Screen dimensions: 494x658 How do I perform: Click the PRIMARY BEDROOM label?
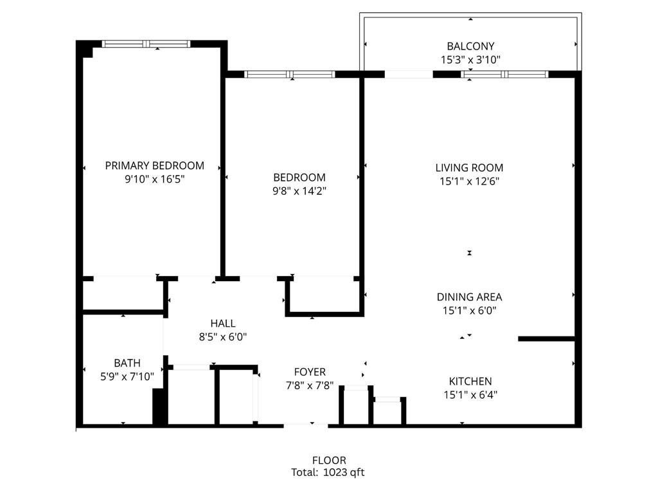[x=154, y=165]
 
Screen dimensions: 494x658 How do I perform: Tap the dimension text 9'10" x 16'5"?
[x=154, y=179]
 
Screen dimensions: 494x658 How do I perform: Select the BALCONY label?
[x=470, y=46]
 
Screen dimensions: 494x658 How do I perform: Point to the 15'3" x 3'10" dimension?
[x=470, y=59]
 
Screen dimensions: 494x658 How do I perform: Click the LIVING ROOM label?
[x=469, y=168]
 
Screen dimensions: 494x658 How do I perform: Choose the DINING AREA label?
[x=469, y=297]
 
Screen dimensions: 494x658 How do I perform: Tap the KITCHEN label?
[x=470, y=381]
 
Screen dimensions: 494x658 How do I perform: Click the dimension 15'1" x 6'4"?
[x=470, y=395]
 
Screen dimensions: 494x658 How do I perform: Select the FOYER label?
[x=310, y=372]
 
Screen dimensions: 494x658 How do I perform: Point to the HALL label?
[x=223, y=323]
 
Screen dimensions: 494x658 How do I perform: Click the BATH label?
[x=127, y=363]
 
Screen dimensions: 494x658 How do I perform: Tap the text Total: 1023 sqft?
[x=328, y=472]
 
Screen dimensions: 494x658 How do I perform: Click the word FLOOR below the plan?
[x=329, y=460]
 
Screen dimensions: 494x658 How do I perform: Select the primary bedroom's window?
[x=147, y=44]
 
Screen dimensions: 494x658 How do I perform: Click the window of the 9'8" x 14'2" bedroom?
[x=290, y=74]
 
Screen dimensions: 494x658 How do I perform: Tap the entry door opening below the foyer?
[x=306, y=425]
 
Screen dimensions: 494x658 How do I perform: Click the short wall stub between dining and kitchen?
[x=546, y=338]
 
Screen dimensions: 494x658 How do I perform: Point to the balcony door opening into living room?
[x=409, y=74]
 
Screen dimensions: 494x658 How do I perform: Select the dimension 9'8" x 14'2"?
[x=299, y=190]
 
